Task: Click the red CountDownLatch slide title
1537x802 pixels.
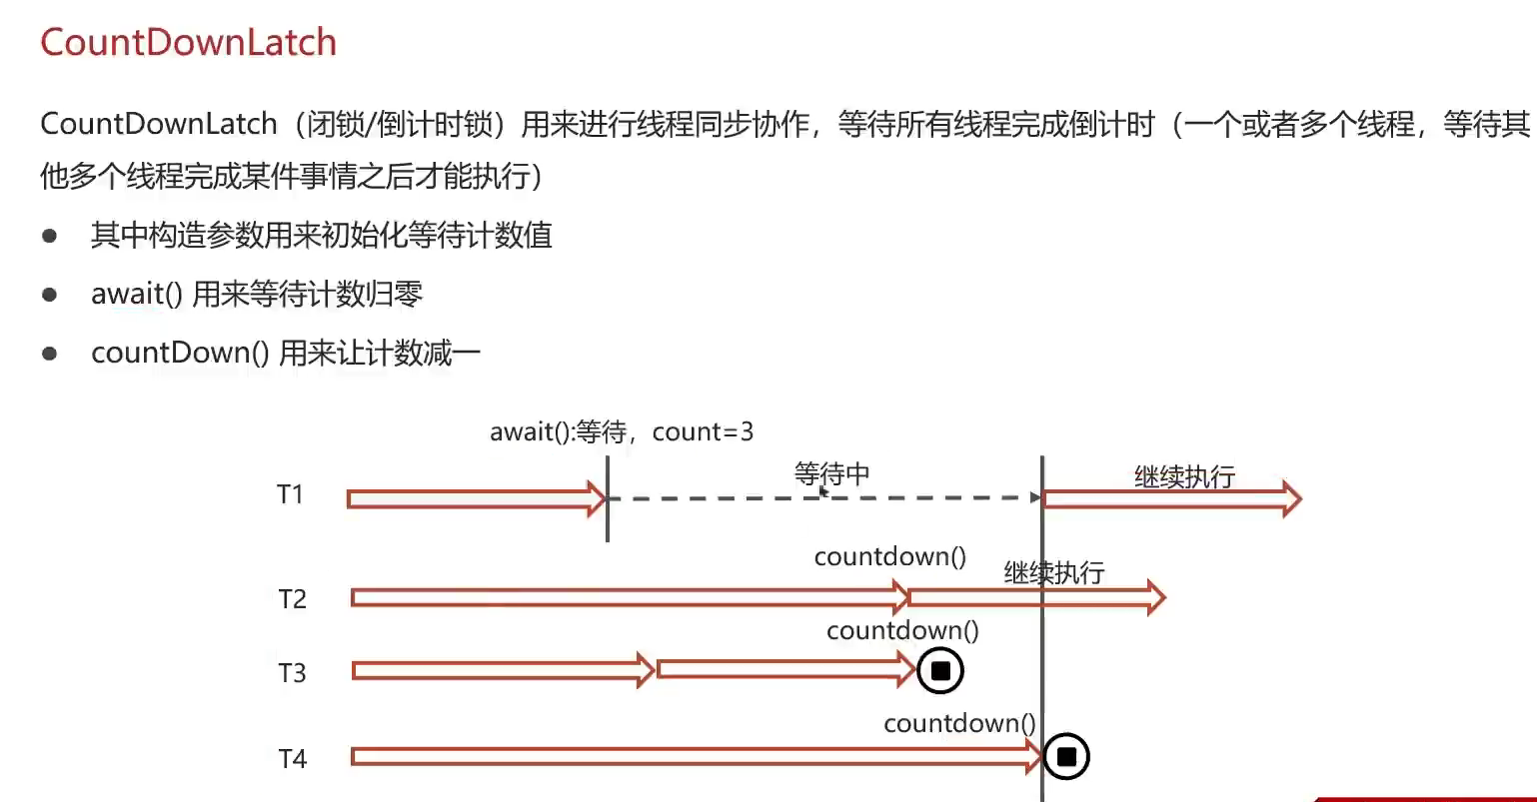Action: tap(188, 43)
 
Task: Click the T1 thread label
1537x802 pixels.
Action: tap(290, 494)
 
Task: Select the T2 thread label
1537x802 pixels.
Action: tap(292, 599)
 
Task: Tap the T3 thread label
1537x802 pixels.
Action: tap(292, 673)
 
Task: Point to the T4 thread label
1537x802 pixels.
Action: tap(292, 759)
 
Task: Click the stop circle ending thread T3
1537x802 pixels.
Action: tap(940, 671)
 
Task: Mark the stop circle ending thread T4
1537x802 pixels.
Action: tap(1066, 757)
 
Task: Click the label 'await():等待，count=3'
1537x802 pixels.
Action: tap(621, 432)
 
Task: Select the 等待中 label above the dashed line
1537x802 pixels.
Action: tap(831, 472)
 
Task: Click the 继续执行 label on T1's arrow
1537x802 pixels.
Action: tap(1184, 476)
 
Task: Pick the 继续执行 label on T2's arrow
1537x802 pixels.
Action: tap(1054, 572)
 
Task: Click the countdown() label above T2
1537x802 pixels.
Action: tap(890, 557)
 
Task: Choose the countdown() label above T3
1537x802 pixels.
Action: tap(902, 631)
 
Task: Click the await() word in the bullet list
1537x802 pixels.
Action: tap(137, 294)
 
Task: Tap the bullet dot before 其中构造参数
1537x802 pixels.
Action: tap(50, 237)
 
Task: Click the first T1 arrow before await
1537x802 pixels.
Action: tap(476, 497)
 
